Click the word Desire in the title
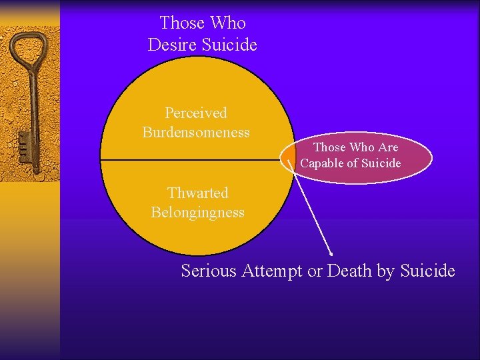click(x=173, y=45)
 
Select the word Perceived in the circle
click(x=196, y=113)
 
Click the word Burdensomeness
click(x=196, y=132)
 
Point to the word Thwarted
click(x=197, y=193)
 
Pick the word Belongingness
click(x=197, y=213)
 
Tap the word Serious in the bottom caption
click(x=209, y=271)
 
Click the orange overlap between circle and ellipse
click(x=290, y=158)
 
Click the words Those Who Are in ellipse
click(x=355, y=147)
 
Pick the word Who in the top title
click(x=227, y=23)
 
